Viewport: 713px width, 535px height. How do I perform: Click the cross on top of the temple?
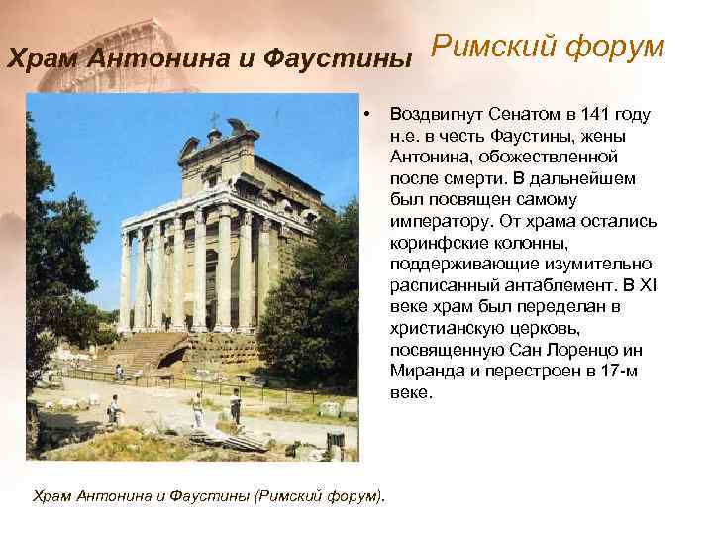213,121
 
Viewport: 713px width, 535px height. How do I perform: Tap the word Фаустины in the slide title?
351,58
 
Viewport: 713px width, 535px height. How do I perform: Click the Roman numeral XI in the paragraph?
645,285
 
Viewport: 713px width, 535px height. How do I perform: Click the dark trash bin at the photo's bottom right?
335,440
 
